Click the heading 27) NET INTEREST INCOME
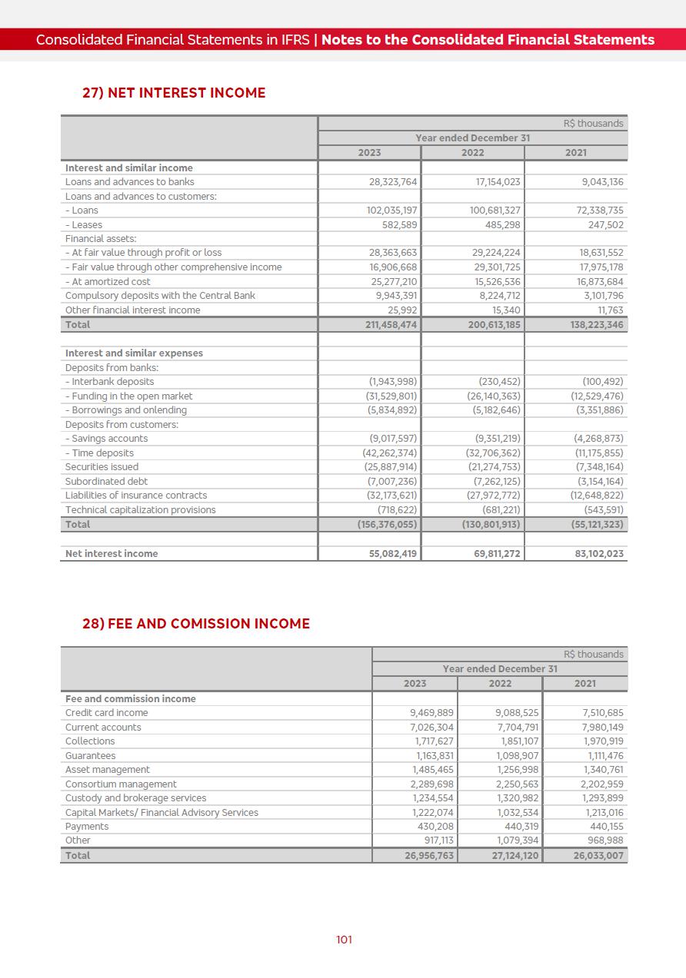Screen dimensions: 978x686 (x=174, y=93)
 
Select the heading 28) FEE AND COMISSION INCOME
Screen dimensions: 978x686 (x=196, y=624)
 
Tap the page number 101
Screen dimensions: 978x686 (x=344, y=940)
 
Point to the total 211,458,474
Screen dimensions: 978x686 (x=391, y=325)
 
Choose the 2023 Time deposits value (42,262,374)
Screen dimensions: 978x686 (x=390, y=453)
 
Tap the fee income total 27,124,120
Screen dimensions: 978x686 (x=515, y=856)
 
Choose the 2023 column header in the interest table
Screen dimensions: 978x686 (x=369, y=153)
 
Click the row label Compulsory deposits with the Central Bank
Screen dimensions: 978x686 (x=160, y=296)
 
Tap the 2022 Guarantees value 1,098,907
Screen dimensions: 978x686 (x=518, y=756)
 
